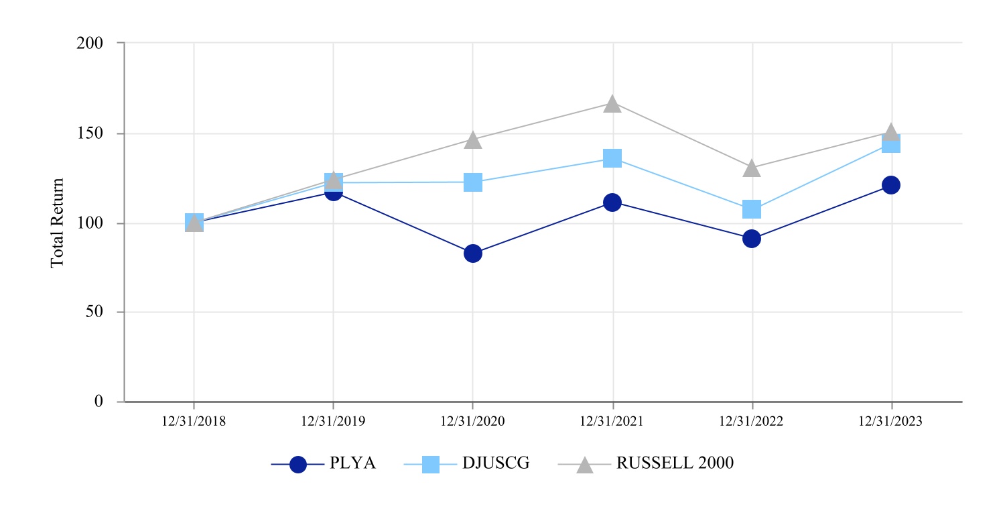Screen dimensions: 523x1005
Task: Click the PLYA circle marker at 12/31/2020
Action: click(x=473, y=253)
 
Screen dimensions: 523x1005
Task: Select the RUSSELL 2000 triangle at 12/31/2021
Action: click(x=612, y=104)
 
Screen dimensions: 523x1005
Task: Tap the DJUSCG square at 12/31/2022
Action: click(x=752, y=209)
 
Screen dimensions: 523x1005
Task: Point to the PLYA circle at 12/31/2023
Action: click(x=891, y=185)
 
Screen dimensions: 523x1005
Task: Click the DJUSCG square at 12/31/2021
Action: click(x=612, y=158)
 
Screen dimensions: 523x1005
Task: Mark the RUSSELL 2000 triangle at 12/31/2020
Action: click(x=473, y=140)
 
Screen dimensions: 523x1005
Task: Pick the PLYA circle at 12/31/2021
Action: click(x=612, y=202)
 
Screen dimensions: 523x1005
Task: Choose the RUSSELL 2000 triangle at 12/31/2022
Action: click(x=752, y=168)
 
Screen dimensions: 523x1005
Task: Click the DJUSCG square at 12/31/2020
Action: click(x=473, y=182)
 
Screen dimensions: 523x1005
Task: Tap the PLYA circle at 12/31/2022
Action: click(x=752, y=239)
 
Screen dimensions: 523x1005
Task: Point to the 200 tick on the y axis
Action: click(x=92, y=44)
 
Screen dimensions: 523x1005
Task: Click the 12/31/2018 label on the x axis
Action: click(x=194, y=422)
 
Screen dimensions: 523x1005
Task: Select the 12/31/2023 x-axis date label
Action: click(x=891, y=422)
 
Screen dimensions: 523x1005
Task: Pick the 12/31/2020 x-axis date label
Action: click(x=473, y=422)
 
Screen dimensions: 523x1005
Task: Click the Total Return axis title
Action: click(x=58, y=223)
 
